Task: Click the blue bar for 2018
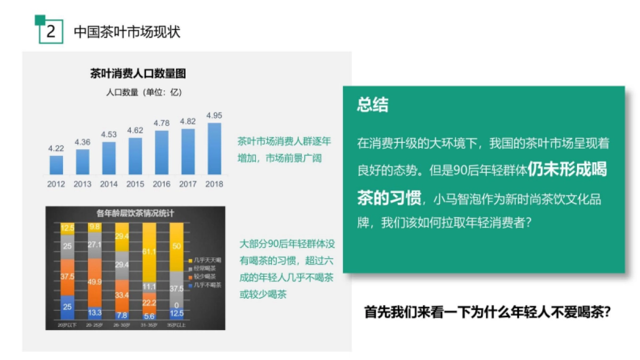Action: click(x=214, y=149)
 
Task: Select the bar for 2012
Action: click(x=56, y=165)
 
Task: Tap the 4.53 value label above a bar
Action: click(x=109, y=134)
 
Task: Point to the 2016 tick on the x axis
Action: click(x=161, y=184)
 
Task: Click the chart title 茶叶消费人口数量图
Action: click(x=138, y=74)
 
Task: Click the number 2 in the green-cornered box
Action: click(x=51, y=31)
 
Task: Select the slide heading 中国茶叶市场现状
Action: click(x=127, y=31)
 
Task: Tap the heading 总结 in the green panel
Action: click(x=373, y=105)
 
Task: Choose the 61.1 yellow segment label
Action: click(x=149, y=251)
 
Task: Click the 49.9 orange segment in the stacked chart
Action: click(x=94, y=282)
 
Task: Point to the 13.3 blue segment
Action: click(x=94, y=312)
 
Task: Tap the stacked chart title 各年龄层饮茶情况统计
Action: click(x=135, y=213)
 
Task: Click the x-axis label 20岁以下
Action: click(x=67, y=325)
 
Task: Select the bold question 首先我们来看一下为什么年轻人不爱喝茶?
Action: click(x=487, y=313)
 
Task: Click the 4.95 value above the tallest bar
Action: click(x=214, y=115)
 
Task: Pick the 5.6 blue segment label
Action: click(x=149, y=316)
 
